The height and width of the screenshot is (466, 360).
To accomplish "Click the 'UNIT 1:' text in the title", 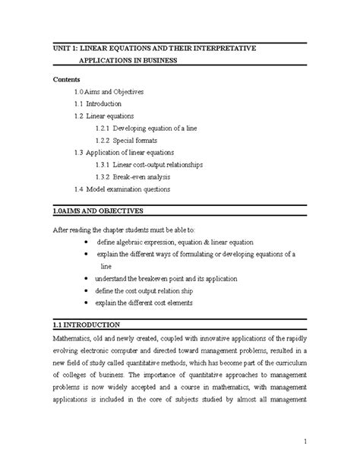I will tap(66, 49).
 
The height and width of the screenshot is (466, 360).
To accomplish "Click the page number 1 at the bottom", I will tap(302, 442).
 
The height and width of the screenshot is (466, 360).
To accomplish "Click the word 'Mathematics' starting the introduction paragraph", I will tap(73, 337).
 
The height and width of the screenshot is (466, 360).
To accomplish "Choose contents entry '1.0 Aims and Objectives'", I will tap(121, 90).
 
